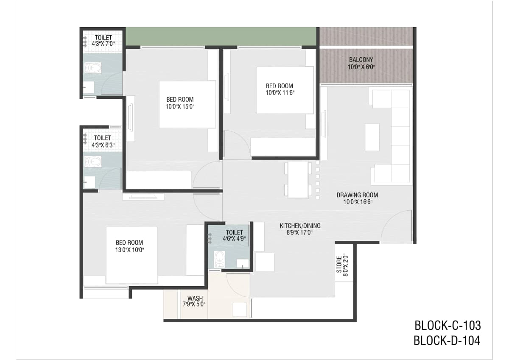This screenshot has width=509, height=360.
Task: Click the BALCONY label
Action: [x=361, y=60]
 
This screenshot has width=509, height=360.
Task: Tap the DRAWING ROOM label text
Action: [x=357, y=195]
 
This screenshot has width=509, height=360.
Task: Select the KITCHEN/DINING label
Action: [x=300, y=226]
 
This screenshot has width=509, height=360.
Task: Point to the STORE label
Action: [x=339, y=265]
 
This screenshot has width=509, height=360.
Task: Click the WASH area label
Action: [x=195, y=298]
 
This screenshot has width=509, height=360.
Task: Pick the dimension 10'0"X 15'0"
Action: [x=180, y=106]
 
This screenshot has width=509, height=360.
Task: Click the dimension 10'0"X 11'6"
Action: [x=280, y=93]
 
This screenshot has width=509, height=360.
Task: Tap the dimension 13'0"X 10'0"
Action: [x=129, y=250]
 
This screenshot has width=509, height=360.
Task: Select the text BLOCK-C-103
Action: [x=447, y=326]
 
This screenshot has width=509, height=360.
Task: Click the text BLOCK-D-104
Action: [x=447, y=340]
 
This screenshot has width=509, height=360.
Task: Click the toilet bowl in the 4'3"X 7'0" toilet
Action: [x=93, y=68]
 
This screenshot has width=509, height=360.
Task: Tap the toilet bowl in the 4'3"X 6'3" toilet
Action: [x=93, y=162]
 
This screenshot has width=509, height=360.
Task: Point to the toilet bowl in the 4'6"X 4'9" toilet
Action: [x=219, y=259]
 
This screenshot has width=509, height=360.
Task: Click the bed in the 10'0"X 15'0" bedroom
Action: [x=187, y=104]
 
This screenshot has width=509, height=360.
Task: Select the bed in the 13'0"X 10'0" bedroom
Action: [x=132, y=255]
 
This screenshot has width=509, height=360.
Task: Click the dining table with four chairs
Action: [x=298, y=180]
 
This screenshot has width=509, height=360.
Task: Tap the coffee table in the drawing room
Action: [x=372, y=137]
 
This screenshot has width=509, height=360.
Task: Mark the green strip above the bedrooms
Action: [x=221, y=36]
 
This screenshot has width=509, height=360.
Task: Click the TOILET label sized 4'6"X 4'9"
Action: [x=234, y=232]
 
